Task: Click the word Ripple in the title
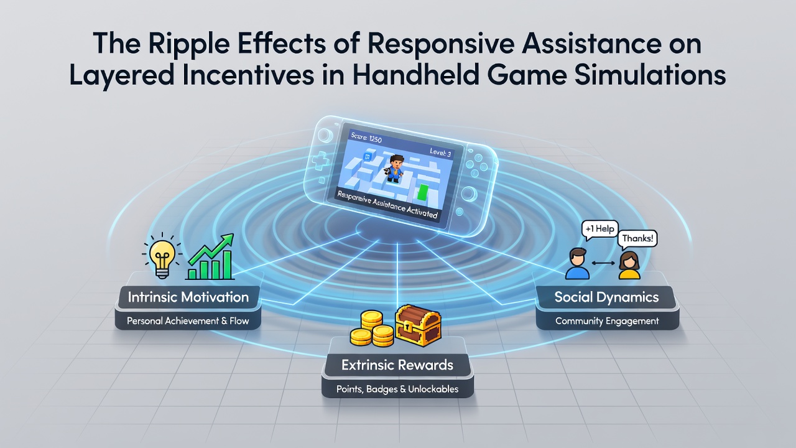tap(188, 44)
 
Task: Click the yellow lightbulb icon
tap(162, 255)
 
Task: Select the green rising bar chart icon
tap(210, 257)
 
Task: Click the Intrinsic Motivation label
tap(188, 297)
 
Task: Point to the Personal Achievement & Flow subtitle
tap(188, 321)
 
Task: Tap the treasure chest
tap(419, 325)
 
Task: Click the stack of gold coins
tap(372, 329)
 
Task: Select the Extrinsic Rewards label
tap(397, 365)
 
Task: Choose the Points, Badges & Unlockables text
tap(397, 389)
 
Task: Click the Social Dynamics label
tap(606, 297)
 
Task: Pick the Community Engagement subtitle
tap(607, 321)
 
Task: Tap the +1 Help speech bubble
tap(600, 230)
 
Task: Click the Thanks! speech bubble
tap(637, 239)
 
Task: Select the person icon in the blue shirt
tap(577, 263)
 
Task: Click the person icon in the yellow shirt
tap(629, 265)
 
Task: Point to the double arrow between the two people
tap(603, 263)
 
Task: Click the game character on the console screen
tap(394, 169)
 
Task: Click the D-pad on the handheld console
tap(320, 162)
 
